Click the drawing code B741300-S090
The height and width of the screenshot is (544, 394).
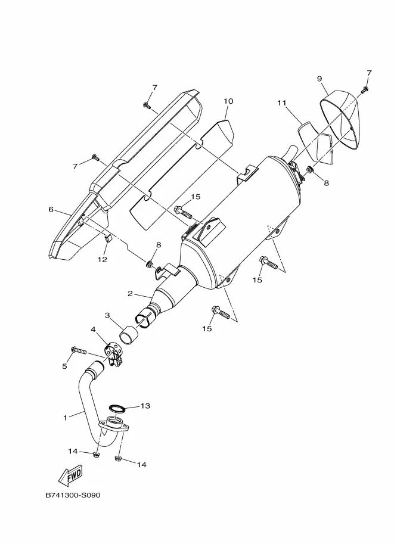(x=73, y=495)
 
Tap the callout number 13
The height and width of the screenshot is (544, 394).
(x=145, y=406)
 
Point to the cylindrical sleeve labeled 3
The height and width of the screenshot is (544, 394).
(x=128, y=335)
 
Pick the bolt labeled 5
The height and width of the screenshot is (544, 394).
(x=79, y=350)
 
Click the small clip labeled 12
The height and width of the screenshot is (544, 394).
(x=108, y=238)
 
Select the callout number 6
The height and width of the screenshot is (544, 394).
(x=51, y=210)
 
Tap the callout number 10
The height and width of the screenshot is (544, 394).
(x=228, y=101)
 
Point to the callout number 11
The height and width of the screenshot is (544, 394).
(x=281, y=102)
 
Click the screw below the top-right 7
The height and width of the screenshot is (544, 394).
(x=364, y=90)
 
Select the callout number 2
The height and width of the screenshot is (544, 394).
(x=130, y=294)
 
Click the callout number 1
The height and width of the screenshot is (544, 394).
(x=65, y=418)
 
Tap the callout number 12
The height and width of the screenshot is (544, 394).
(x=102, y=259)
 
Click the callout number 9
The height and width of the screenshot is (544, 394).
(x=319, y=79)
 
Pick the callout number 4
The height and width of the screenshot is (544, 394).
(x=93, y=329)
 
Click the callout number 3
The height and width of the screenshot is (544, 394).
(x=107, y=315)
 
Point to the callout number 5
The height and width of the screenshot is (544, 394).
(x=64, y=366)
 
